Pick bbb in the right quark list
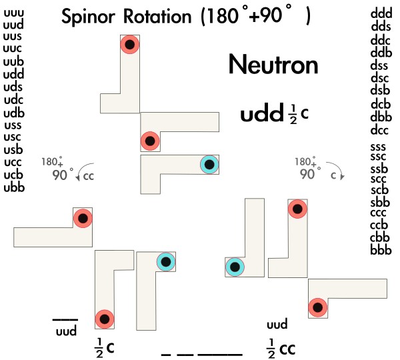tap(380, 250)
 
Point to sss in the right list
tap(379, 147)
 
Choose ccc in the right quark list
tap(379, 214)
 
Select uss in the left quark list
tap(13, 125)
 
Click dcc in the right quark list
tap(380, 129)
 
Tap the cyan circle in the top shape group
tap(209, 165)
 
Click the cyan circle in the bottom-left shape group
tap(165, 262)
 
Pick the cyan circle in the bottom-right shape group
tap(235, 267)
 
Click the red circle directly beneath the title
tap(129, 45)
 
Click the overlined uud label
tap(65, 329)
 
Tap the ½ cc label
tap(280, 348)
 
